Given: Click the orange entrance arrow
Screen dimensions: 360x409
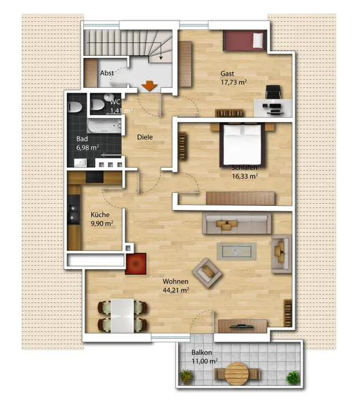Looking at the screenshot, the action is pyautogui.click(x=149, y=86).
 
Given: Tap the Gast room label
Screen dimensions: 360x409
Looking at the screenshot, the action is pyautogui.click(x=227, y=74).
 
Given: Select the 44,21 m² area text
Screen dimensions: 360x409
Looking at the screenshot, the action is pyautogui.click(x=176, y=290).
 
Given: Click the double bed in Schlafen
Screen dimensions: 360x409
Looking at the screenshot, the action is pyautogui.click(x=242, y=145).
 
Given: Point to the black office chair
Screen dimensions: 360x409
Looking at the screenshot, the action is pyautogui.click(x=273, y=92).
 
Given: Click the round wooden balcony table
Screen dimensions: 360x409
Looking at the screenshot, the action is pyautogui.click(x=237, y=374).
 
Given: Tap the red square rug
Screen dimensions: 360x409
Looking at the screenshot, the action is pyautogui.click(x=136, y=264).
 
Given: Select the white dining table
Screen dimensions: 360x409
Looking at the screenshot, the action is pyautogui.click(x=122, y=316).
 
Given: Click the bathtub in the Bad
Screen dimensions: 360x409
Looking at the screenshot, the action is pyautogui.click(x=104, y=126).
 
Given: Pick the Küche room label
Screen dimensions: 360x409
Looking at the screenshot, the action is pyautogui.click(x=100, y=215).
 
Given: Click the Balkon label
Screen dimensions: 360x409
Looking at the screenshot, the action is pyautogui.click(x=202, y=352).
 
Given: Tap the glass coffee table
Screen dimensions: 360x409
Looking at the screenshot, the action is pyautogui.click(x=237, y=252).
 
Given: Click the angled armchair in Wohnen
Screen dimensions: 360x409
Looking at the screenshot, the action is pyautogui.click(x=207, y=273).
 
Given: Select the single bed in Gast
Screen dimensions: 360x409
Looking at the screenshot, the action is pyautogui.click(x=245, y=40).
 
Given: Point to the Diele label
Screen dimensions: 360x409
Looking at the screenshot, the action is pyautogui.click(x=145, y=137).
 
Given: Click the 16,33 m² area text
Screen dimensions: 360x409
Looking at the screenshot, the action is pyautogui.click(x=245, y=177).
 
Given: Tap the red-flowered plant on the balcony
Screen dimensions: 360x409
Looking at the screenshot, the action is pyautogui.click(x=187, y=377).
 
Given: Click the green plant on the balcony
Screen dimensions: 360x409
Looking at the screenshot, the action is pyautogui.click(x=293, y=378).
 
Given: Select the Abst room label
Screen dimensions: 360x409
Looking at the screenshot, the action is pyautogui.click(x=106, y=73).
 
